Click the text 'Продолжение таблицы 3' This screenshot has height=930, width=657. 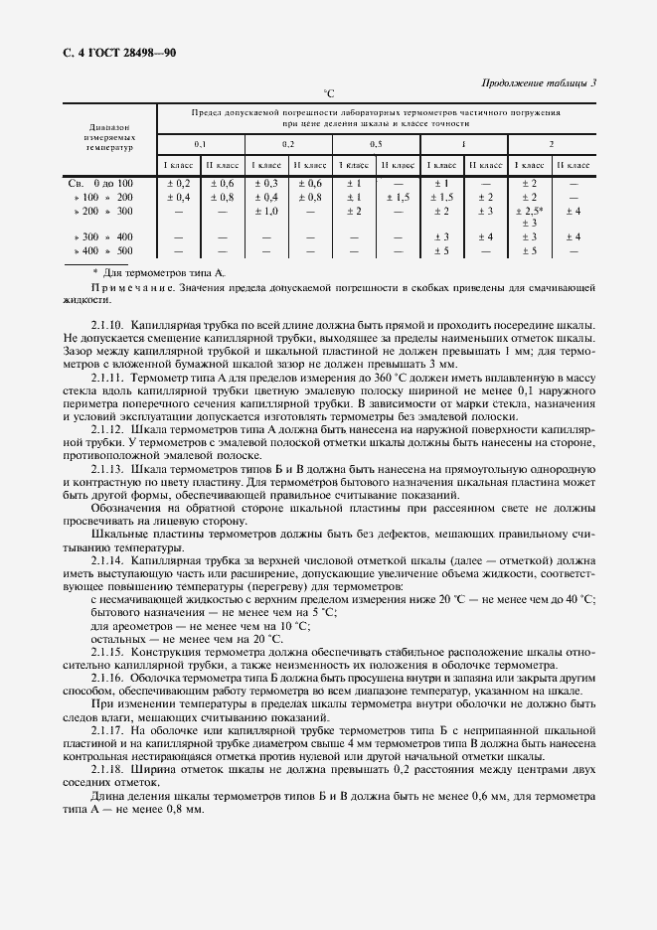[x=539, y=82]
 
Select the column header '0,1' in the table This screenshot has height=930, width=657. [x=200, y=144]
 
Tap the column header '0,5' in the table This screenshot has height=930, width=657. [x=376, y=144]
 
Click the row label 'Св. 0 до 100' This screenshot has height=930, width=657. [x=99, y=184]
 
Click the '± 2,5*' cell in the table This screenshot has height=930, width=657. [x=529, y=212]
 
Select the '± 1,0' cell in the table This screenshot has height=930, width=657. [x=264, y=212]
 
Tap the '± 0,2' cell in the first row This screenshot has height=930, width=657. [x=177, y=184]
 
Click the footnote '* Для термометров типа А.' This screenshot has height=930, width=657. [x=158, y=271]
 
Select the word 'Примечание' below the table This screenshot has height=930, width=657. [x=127, y=287]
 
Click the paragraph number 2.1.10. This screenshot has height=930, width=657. [x=107, y=326]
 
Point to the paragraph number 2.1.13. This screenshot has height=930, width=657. [x=107, y=466]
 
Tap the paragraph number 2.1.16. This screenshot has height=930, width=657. [x=107, y=677]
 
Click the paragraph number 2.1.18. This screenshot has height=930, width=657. [x=107, y=769]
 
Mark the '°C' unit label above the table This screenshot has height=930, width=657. [x=329, y=92]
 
